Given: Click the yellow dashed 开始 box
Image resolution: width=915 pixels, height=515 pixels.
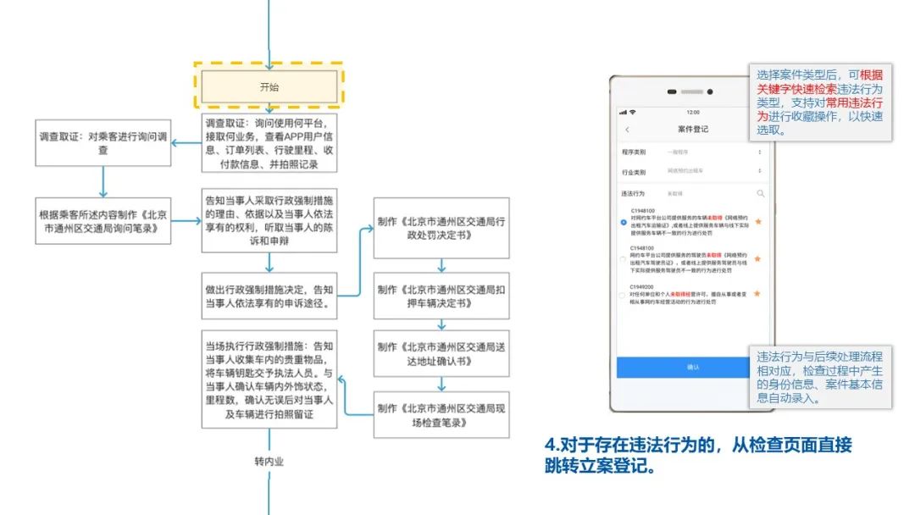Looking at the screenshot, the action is click(x=269, y=86).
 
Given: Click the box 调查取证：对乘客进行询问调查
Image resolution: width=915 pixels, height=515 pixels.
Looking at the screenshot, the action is click(x=103, y=143).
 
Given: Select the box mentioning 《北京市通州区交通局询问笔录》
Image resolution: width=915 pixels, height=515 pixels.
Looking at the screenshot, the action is click(x=103, y=222).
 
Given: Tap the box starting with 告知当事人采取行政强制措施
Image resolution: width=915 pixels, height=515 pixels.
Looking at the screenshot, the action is click(x=269, y=220).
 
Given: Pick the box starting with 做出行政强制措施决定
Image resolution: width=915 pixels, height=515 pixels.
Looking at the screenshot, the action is click(x=269, y=295).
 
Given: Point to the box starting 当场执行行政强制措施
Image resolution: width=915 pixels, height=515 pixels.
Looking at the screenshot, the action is click(x=269, y=379).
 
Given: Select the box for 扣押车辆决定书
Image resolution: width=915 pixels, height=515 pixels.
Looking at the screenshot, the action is click(x=441, y=295).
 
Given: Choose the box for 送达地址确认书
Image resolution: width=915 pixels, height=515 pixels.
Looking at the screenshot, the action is click(x=441, y=353).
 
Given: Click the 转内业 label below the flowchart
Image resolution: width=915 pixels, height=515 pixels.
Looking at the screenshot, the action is click(x=269, y=462).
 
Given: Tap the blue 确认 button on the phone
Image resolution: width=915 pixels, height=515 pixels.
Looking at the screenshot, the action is click(x=693, y=368).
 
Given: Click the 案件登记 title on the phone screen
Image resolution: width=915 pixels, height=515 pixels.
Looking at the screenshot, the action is click(x=693, y=130).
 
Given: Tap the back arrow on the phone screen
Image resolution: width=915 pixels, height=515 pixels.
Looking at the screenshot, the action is click(x=627, y=130).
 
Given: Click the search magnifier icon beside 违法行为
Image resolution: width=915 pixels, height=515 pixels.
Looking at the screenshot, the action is click(x=760, y=194).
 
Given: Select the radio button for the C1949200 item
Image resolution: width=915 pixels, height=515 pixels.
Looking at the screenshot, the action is click(x=624, y=296).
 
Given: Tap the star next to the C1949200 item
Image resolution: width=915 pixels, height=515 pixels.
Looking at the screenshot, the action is click(x=757, y=294).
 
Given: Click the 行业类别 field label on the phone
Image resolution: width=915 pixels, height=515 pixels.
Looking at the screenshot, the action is click(x=634, y=171).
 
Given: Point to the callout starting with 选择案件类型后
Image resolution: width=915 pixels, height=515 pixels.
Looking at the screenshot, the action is click(x=820, y=102).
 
